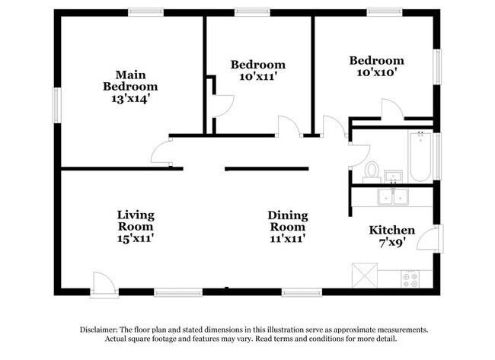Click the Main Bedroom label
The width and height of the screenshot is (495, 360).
click(x=130, y=81)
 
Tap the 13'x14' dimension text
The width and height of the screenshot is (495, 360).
click(x=130, y=99)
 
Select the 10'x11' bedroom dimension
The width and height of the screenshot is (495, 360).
click(x=258, y=76)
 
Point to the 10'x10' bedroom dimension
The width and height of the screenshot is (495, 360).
click(x=376, y=72)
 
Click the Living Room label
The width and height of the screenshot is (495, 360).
click(x=136, y=221)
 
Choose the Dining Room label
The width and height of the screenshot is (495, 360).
click(x=288, y=221)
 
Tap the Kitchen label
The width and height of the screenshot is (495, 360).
click(x=391, y=230)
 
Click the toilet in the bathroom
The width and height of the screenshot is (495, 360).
click(x=372, y=172)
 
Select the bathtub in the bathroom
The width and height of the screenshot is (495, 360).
click(x=420, y=157)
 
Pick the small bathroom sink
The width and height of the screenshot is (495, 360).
click(x=393, y=177)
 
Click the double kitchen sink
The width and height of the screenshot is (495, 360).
click(x=393, y=196)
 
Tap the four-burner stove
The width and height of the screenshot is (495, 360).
click(x=410, y=279)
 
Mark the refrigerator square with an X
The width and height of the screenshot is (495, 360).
click(x=365, y=276)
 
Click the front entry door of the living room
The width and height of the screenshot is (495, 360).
click(x=104, y=285)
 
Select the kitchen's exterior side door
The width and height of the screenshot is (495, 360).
click(x=430, y=238)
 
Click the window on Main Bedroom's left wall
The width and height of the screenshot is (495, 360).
click(x=57, y=105)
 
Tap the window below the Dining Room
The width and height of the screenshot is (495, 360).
click(x=302, y=292)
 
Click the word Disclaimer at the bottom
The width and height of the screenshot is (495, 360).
click(x=98, y=330)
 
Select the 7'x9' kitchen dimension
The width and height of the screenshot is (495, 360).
click(x=392, y=242)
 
